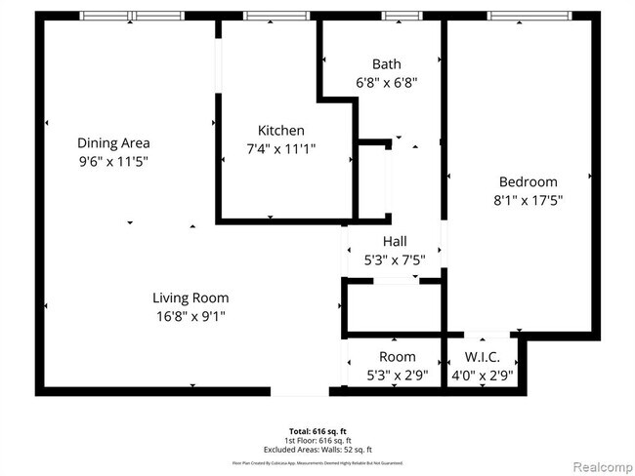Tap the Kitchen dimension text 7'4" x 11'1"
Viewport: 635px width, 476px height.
[280, 149]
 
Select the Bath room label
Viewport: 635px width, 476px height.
[386, 64]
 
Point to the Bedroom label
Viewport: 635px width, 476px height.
[528, 181]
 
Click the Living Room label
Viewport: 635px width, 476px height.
[190, 297]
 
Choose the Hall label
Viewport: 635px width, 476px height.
[395, 241]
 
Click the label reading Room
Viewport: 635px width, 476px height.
[397, 357]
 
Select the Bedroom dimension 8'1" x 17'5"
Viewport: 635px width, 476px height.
[528, 200]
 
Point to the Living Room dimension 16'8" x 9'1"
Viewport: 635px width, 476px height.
[190, 317]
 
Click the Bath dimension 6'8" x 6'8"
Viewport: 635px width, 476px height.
[386, 83]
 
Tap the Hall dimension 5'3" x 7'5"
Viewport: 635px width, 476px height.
[395, 259]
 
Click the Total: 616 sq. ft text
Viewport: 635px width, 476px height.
[317, 430]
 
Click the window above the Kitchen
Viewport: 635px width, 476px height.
[275, 16]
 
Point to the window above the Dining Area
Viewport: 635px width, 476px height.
[131, 16]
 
